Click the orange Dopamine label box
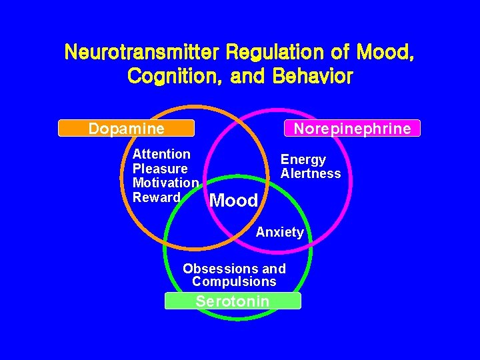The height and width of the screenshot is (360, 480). click(126, 128)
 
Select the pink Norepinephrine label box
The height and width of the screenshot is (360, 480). click(352, 128)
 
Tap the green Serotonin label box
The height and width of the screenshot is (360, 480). click(233, 301)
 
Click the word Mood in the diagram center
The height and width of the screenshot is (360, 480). click(233, 201)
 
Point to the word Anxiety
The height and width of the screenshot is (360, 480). click(280, 233)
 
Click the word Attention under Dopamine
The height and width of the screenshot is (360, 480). click(161, 154)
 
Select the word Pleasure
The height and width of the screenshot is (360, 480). click(160, 169)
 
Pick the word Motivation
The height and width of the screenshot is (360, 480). click(165, 183)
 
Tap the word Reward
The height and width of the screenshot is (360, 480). click(157, 197)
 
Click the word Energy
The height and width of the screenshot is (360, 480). click(303, 159)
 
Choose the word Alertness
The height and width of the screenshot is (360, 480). click(311, 174)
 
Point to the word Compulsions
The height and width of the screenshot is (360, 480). click(234, 282)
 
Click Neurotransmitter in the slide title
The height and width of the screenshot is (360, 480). click(143, 52)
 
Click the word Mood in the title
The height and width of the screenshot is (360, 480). click(387, 52)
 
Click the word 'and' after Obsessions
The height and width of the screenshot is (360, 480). click(274, 269)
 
